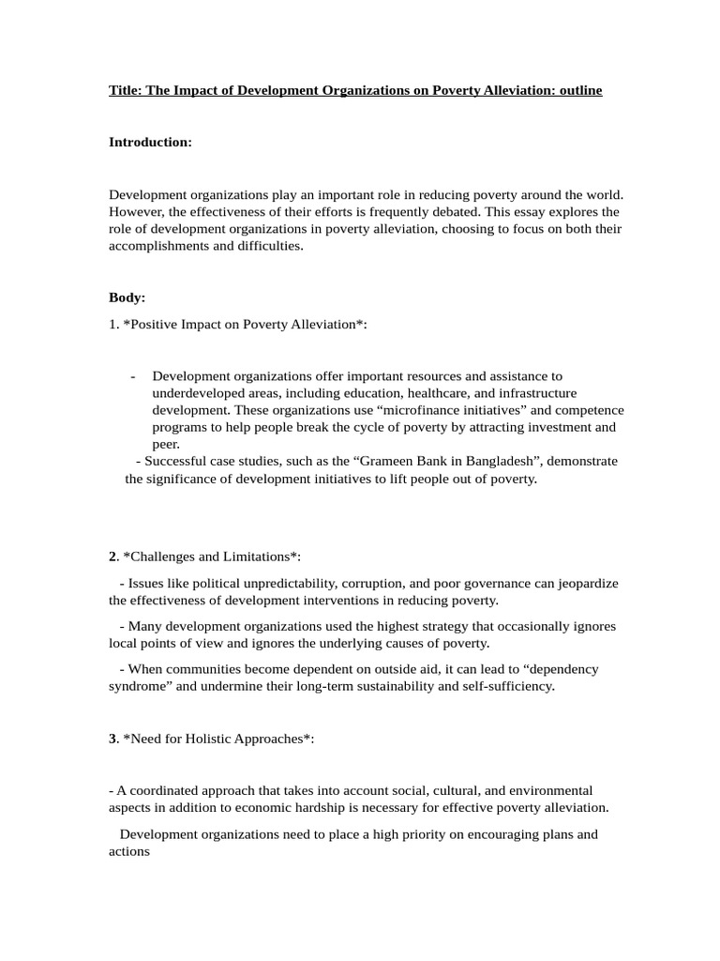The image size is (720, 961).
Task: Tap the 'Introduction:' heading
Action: (x=150, y=142)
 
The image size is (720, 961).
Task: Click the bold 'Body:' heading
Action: (x=127, y=297)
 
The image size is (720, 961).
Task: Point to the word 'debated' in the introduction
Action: (x=432, y=212)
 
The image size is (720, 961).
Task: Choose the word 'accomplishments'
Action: (x=155, y=246)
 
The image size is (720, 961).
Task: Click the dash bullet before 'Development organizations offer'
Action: (x=133, y=376)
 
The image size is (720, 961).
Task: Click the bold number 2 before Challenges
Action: (x=112, y=557)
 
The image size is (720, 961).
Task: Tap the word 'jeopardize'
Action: (x=585, y=583)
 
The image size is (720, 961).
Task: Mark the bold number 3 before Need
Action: (x=112, y=739)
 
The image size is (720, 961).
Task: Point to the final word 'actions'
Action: (x=129, y=851)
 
